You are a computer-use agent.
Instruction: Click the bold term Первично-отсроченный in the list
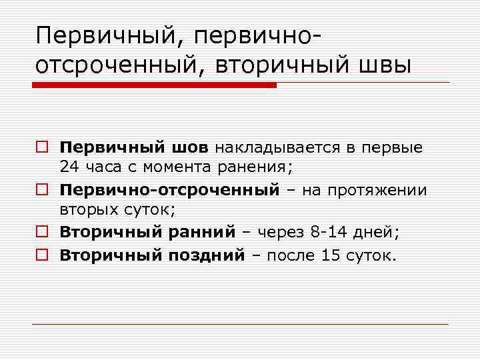169,190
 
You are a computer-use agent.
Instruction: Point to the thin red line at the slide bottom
240,324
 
